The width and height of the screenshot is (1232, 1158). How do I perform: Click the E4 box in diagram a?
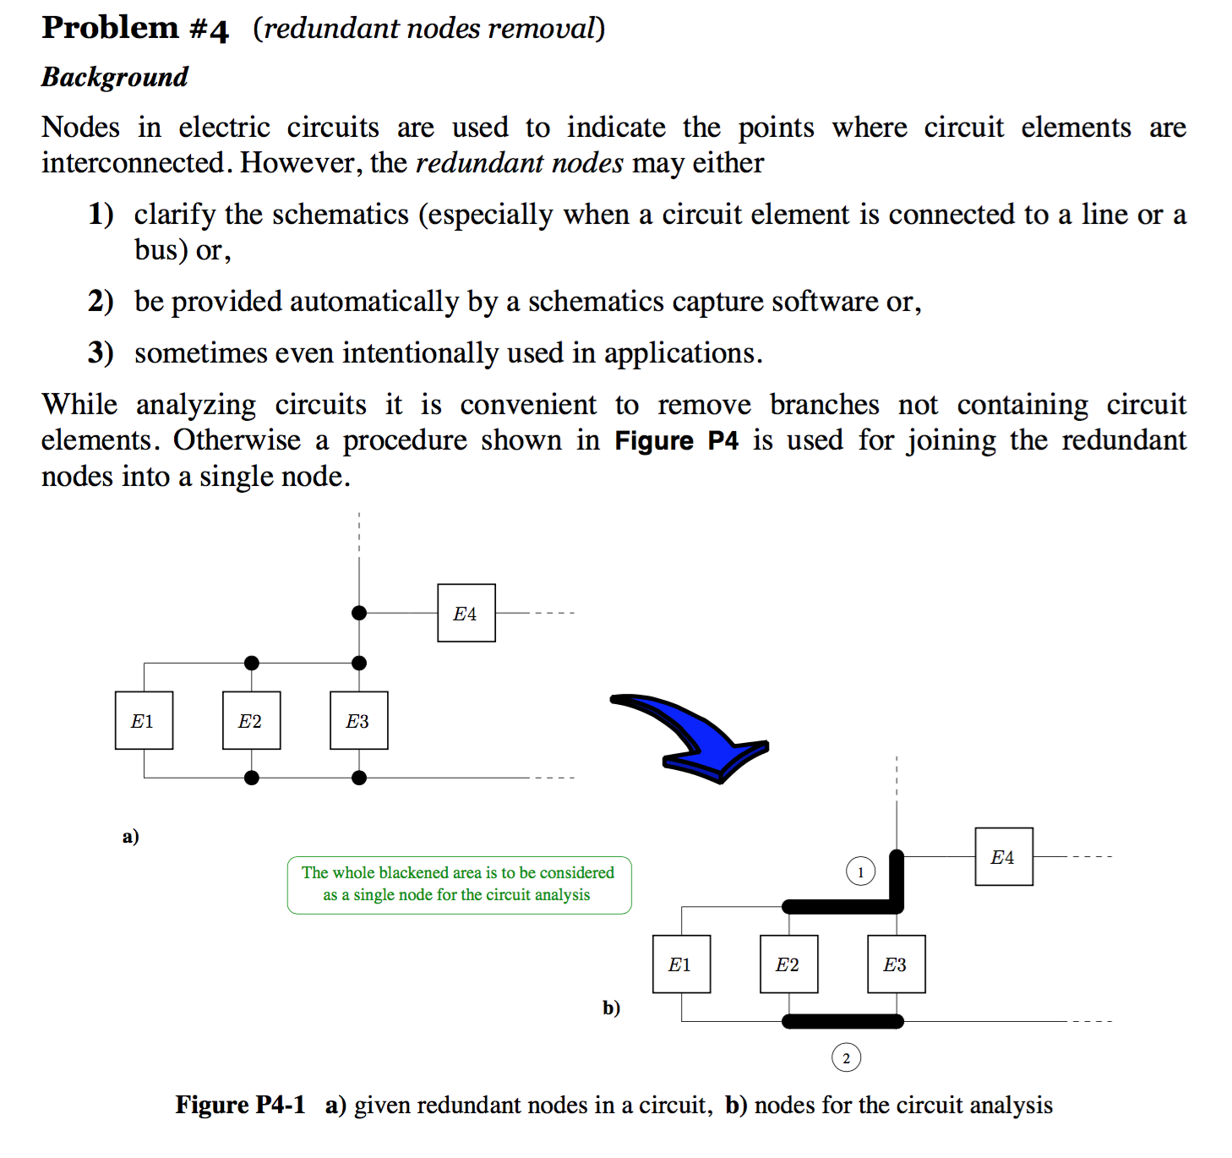(x=466, y=613)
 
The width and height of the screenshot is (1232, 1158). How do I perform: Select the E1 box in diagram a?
(x=144, y=720)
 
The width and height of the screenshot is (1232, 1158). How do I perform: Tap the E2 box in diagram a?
(x=251, y=720)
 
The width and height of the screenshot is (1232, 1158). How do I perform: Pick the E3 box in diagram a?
(x=358, y=720)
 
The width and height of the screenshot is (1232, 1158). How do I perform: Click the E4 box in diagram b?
(x=1004, y=856)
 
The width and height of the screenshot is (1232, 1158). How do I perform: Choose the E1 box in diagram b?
(x=681, y=964)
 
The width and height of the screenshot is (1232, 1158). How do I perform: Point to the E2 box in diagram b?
(x=788, y=964)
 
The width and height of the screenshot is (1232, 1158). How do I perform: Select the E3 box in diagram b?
(x=896, y=964)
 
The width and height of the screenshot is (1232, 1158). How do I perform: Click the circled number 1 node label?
(x=860, y=871)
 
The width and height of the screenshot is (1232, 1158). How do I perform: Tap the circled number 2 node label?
(x=846, y=1057)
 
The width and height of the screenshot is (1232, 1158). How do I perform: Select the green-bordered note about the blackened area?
(x=459, y=884)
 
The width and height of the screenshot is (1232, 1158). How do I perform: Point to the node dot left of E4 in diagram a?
(x=359, y=613)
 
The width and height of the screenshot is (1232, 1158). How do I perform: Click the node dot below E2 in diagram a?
(x=251, y=778)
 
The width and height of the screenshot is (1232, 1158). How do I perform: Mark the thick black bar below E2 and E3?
(x=842, y=1021)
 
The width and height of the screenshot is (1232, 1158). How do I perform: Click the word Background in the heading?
(x=115, y=77)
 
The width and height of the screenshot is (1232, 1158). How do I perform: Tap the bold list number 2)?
(x=101, y=301)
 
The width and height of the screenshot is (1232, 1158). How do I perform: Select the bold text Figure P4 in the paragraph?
(x=676, y=440)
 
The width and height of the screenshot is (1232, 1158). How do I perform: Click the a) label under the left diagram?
(x=130, y=836)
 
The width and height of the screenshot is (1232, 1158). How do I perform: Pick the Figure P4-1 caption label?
(x=240, y=1105)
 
